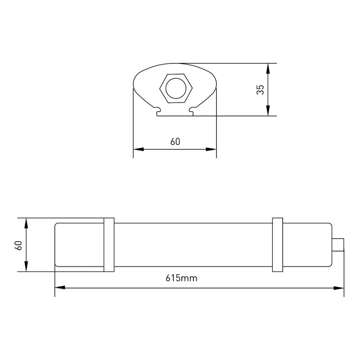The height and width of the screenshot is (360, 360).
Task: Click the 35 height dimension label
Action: (261, 90)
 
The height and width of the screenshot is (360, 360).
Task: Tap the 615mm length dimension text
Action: (181, 278)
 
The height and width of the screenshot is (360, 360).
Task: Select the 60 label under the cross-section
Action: (175, 142)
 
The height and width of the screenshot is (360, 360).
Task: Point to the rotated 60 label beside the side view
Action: (18, 245)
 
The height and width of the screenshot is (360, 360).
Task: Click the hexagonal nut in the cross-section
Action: (176, 88)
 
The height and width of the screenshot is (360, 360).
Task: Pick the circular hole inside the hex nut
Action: (176, 88)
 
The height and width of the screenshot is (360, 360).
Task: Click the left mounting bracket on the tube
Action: (109, 245)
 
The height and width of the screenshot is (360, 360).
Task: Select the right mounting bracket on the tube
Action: (278, 245)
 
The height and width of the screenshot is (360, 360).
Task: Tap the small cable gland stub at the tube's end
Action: (338, 245)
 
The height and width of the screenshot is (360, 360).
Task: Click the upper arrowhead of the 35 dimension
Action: (268, 68)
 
